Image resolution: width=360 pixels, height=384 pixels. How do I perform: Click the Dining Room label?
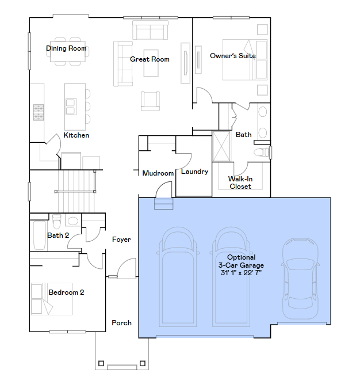coord(66,48)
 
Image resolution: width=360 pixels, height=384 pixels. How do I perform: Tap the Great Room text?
coord(150,59)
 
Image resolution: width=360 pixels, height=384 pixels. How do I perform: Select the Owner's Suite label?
coord(233,56)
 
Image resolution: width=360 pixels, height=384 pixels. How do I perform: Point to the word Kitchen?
coord(76,135)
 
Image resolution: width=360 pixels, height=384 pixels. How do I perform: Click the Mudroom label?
coord(158,173)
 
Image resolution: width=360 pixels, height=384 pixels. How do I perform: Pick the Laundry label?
coord(195,172)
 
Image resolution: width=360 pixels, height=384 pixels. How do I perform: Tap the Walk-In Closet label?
coord(240,183)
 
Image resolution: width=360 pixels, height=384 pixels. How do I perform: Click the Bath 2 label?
coord(58,235)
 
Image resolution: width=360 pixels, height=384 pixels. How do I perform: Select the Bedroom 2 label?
coord(66,292)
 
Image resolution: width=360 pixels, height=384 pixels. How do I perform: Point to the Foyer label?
coord(121,239)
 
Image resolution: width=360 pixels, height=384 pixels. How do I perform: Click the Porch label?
coord(121,323)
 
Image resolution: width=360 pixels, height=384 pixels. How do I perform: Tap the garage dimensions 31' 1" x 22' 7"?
coord(241,272)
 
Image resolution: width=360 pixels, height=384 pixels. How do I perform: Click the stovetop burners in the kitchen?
coord(39,112)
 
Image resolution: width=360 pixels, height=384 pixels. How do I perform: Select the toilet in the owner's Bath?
coord(262,153)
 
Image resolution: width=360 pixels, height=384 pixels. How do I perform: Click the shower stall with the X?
coord(221,146)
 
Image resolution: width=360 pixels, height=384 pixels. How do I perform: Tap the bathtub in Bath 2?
coord(39,235)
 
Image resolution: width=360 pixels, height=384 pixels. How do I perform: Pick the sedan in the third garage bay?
coord(301,279)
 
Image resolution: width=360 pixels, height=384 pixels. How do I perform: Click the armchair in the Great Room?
coord(150,101)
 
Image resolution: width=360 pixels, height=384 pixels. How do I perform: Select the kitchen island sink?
coord(71,107)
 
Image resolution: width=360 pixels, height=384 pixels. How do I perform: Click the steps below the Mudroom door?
coord(164,203)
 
